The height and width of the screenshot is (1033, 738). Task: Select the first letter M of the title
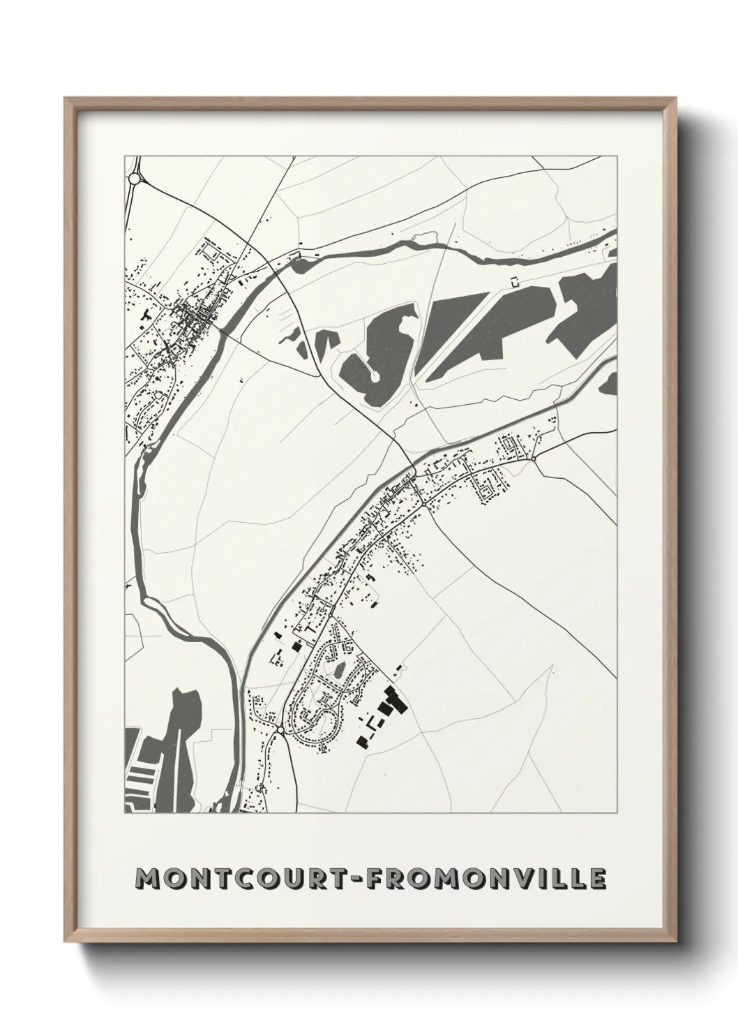coord(148,879)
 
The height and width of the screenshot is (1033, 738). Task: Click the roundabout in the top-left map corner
coord(134,179)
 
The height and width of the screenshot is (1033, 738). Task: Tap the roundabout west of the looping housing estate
coord(280,729)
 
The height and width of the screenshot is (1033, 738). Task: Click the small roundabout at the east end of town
coord(533,459)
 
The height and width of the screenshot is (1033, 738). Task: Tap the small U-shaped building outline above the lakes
coord(515,281)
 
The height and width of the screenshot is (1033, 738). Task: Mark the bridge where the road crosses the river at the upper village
coord(225,334)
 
